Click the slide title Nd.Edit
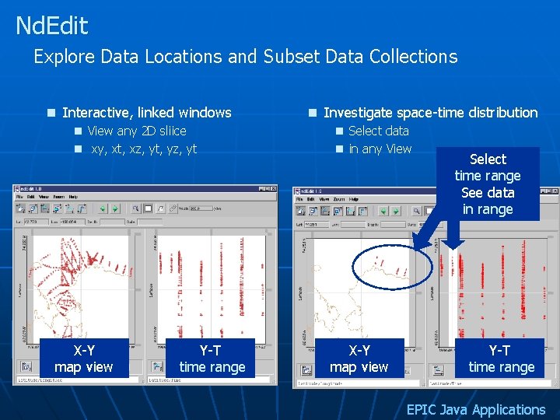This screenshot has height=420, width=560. coord(52,26)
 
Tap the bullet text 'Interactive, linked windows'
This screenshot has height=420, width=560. coord(146,113)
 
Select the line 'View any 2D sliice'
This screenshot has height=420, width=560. coord(137,131)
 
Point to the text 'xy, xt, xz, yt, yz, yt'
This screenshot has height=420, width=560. coord(144,149)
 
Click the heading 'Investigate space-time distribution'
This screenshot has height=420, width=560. coord(430,113)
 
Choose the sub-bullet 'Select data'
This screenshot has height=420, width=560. coord(379,131)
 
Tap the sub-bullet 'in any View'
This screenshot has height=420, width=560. coord(380,149)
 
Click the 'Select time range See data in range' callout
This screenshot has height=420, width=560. coord(488,184)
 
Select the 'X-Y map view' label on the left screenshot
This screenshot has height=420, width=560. coord(84,359)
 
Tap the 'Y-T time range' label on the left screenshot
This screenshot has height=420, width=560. coord(212,359)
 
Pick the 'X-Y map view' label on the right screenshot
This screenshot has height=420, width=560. coord(359,359)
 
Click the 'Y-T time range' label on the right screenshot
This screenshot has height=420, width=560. coord(501,359)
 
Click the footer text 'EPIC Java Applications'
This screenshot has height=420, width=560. coord(476,409)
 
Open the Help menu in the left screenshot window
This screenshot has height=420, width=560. coord(72,197)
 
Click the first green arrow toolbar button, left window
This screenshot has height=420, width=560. coord(103,208)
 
